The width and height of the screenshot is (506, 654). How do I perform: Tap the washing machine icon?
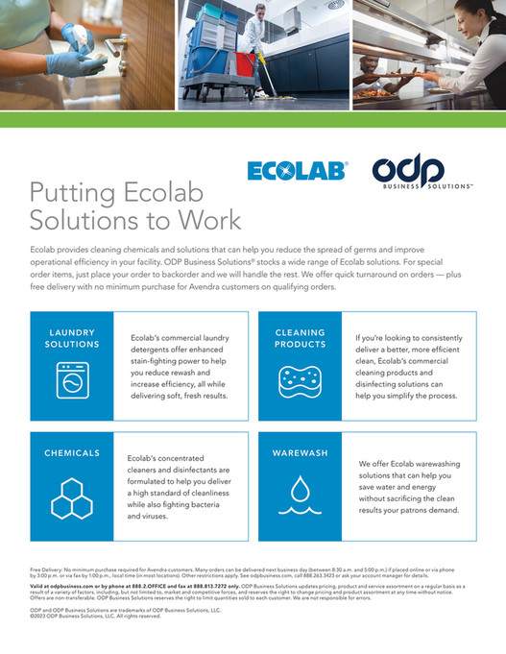point(72,381)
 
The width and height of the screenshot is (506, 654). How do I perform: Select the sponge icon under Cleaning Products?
point(300,380)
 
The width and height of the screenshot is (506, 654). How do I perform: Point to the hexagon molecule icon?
point(72,496)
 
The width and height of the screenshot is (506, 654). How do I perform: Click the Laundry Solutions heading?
point(72,338)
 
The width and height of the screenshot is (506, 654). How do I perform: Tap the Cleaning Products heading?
point(300,338)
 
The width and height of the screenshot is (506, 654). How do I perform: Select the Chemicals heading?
point(72,451)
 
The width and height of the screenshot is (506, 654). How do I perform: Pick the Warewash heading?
point(300,451)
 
